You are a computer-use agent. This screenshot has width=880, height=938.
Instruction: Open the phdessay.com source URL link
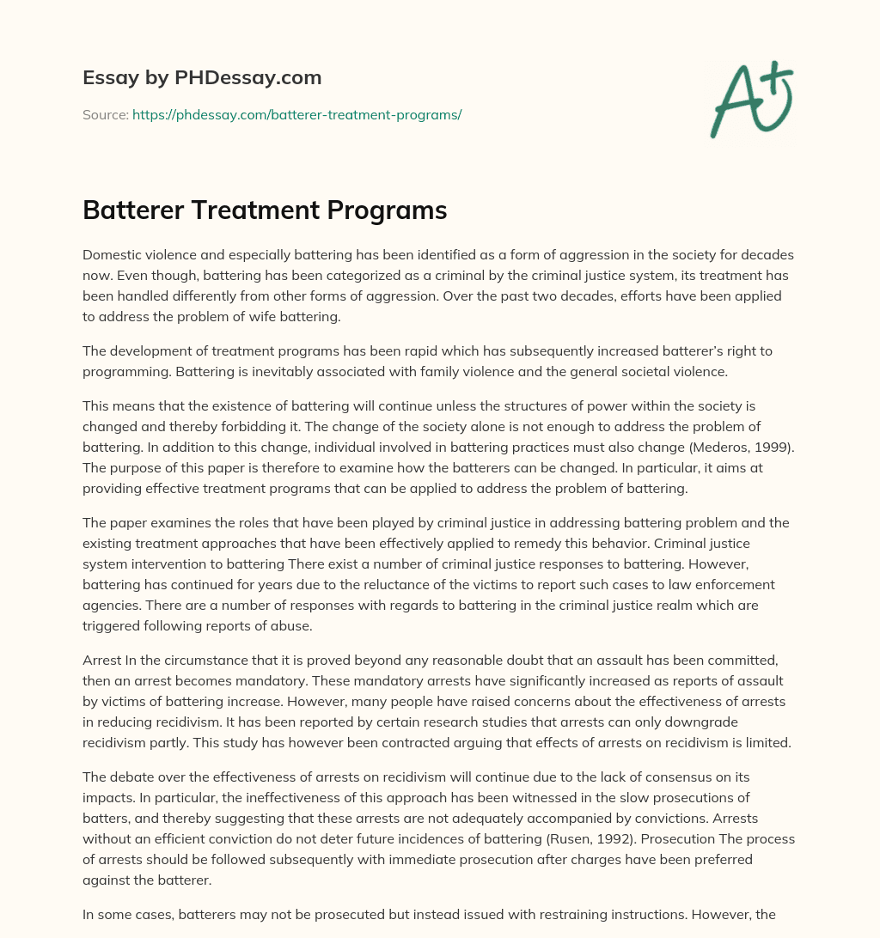tap(296, 114)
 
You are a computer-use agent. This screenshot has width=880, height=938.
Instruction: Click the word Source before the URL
tap(104, 114)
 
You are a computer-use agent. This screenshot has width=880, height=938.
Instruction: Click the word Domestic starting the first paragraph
tap(111, 254)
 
